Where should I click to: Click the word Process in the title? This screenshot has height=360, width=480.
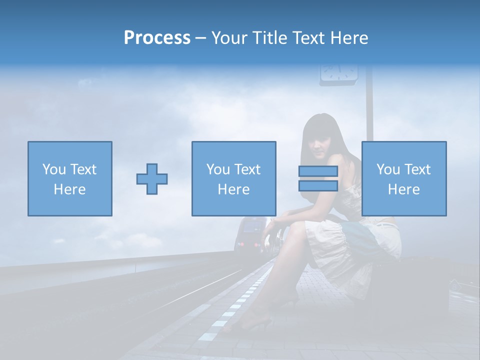[x=157, y=38]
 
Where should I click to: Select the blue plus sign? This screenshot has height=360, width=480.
[x=152, y=179]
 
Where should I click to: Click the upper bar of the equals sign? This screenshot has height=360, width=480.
[x=318, y=171]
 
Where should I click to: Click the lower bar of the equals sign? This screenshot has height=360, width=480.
[x=318, y=185]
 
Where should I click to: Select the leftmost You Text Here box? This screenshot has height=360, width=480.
[x=69, y=178]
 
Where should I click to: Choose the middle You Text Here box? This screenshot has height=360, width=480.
[x=233, y=178]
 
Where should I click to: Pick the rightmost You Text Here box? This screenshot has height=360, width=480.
[x=403, y=178]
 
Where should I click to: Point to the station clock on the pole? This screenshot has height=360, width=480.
[x=338, y=73]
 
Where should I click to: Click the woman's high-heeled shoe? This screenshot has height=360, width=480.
[x=250, y=325]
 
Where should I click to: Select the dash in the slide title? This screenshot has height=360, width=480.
[x=201, y=38]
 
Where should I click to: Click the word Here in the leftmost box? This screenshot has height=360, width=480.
[x=69, y=189]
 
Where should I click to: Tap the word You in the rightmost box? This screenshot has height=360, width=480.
[x=387, y=169]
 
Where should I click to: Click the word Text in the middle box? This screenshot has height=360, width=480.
[x=246, y=169]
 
